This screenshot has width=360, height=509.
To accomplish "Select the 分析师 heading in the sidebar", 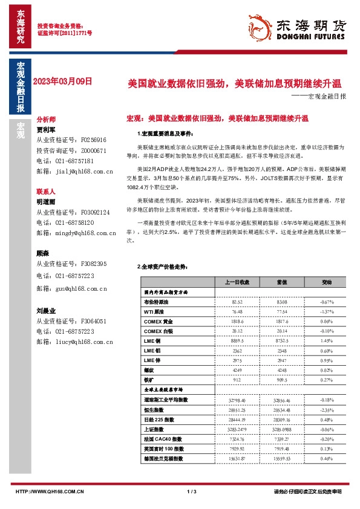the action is tap(46, 120).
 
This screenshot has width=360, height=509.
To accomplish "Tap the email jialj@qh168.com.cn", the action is tap(75, 172).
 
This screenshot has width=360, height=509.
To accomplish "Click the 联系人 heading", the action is tap(46, 190).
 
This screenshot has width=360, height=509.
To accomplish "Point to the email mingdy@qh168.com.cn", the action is tap(75, 232).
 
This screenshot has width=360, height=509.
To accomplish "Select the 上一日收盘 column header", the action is tap(220, 282).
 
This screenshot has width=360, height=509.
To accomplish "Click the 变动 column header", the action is tap(310, 282).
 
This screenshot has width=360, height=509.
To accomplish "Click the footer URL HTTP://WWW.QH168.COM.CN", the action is tap(49, 491).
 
